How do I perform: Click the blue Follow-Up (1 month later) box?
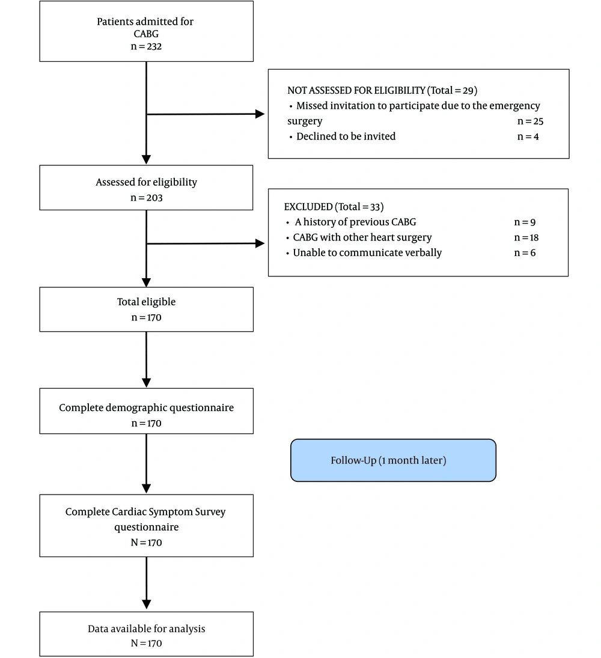[x=393, y=460]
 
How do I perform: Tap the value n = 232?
[x=146, y=47]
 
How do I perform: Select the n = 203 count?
[x=146, y=198]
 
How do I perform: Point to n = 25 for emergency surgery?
[x=530, y=121]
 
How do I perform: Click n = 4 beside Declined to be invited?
[x=528, y=136]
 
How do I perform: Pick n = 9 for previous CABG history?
[x=525, y=222]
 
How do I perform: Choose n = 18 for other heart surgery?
[x=526, y=237]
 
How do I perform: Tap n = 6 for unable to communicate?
[x=525, y=252]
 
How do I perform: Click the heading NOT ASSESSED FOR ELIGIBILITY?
[x=356, y=90]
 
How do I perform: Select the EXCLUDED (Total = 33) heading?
[x=334, y=207]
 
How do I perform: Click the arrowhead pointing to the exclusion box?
[x=260, y=243]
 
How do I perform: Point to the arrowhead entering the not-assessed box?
[x=260, y=114]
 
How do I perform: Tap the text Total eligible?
[x=146, y=302]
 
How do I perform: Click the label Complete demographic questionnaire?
[x=146, y=407]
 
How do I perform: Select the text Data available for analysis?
[x=147, y=629]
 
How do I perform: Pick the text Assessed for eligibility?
[x=146, y=182]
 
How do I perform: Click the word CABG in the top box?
[x=146, y=34]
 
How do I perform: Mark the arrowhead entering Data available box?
[x=147, y=605]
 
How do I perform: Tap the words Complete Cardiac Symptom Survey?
[x=145, y=512]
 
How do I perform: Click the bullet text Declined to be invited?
[x=346, y=136]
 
